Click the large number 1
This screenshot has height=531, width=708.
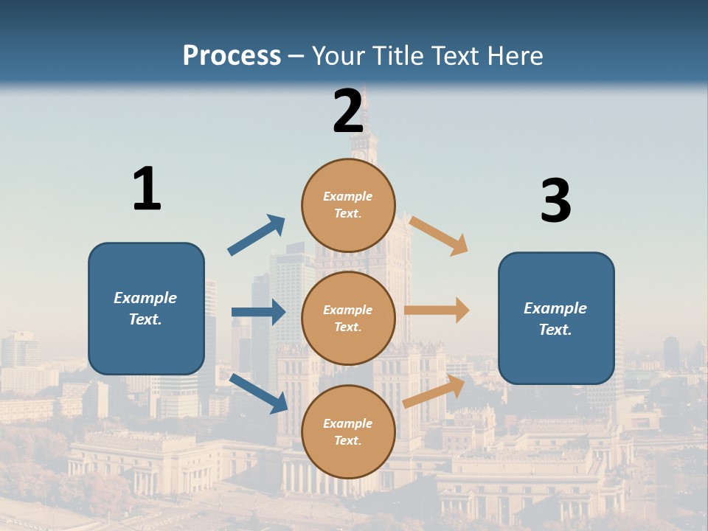point(147,190)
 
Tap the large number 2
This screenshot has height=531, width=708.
point(348,111)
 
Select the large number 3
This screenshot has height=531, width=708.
point(555,201)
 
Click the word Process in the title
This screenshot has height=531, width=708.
point(232,55)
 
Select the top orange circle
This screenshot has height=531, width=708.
point(348,204)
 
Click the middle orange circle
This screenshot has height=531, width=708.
point(348,318)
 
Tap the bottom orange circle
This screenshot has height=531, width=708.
point(348,431)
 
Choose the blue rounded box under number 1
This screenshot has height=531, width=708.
point(146,308)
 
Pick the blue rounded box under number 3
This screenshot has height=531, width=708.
point(556,319)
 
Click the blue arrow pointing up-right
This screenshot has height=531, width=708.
point(257,235)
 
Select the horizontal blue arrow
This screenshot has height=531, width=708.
point(258,312)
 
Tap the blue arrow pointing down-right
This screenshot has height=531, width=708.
point(258,393)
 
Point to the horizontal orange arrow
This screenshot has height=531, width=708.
point(437,310)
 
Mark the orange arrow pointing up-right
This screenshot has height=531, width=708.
point(434,392)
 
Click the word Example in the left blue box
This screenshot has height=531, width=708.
point(145,298)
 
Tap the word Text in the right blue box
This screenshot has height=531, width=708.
point(555,330)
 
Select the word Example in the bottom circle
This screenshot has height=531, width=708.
point(348,423)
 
